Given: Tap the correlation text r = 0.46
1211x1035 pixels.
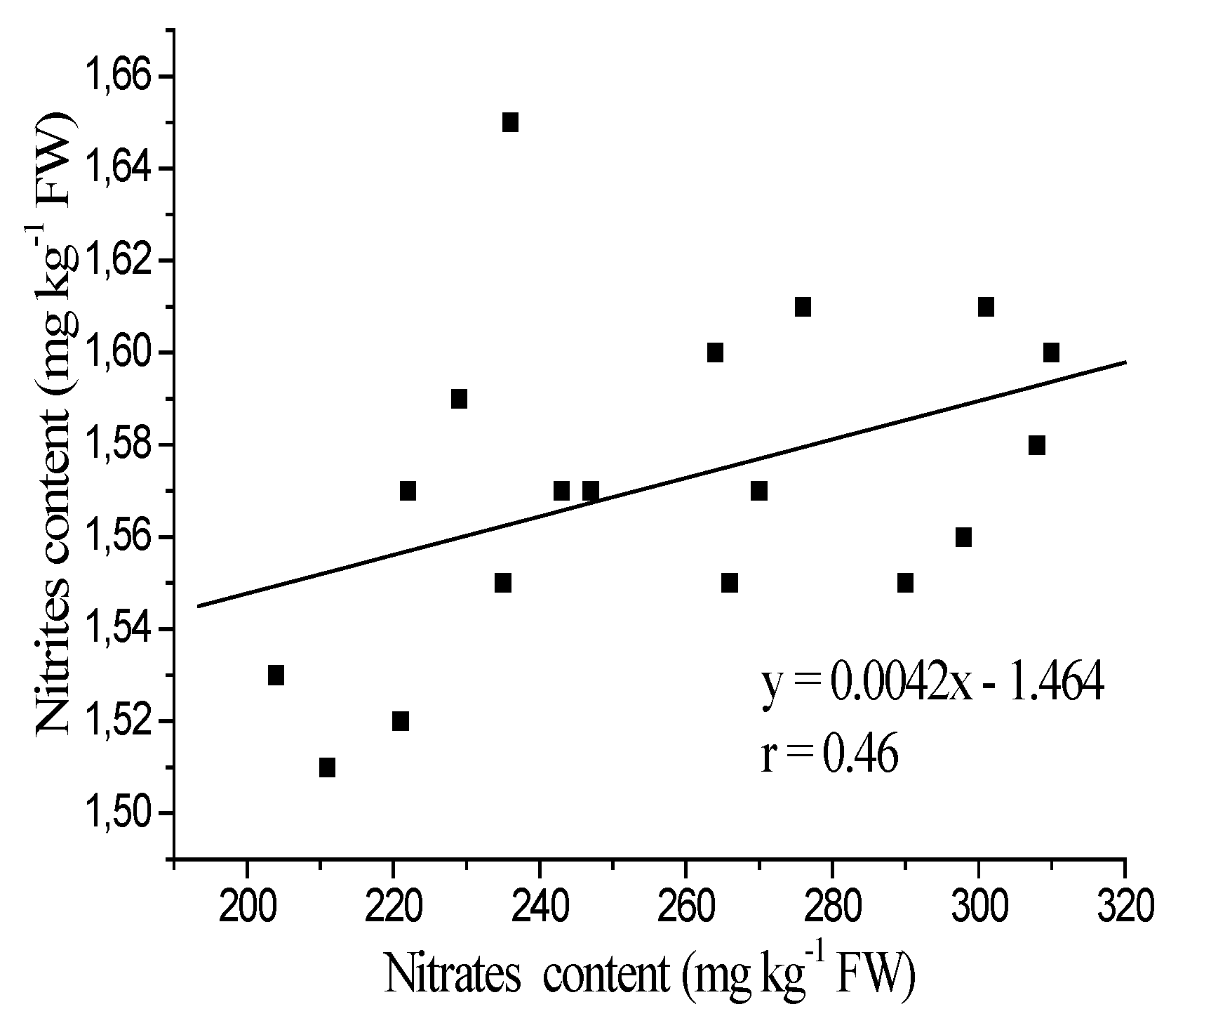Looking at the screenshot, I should pyautogui.click(x=830, y=756).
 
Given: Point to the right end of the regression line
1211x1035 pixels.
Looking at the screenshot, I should pyautogui.click(x=1125, y=362).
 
